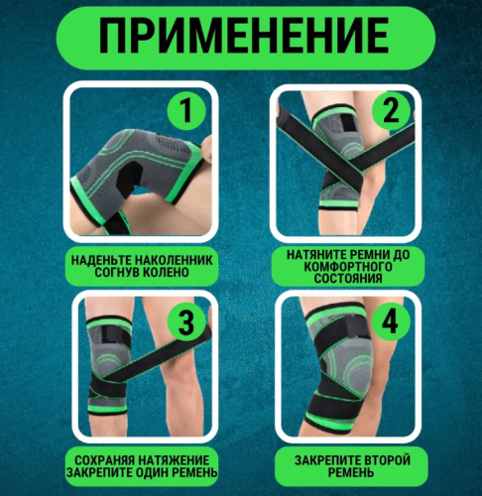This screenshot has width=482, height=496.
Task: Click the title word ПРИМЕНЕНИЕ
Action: pos(242,39)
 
